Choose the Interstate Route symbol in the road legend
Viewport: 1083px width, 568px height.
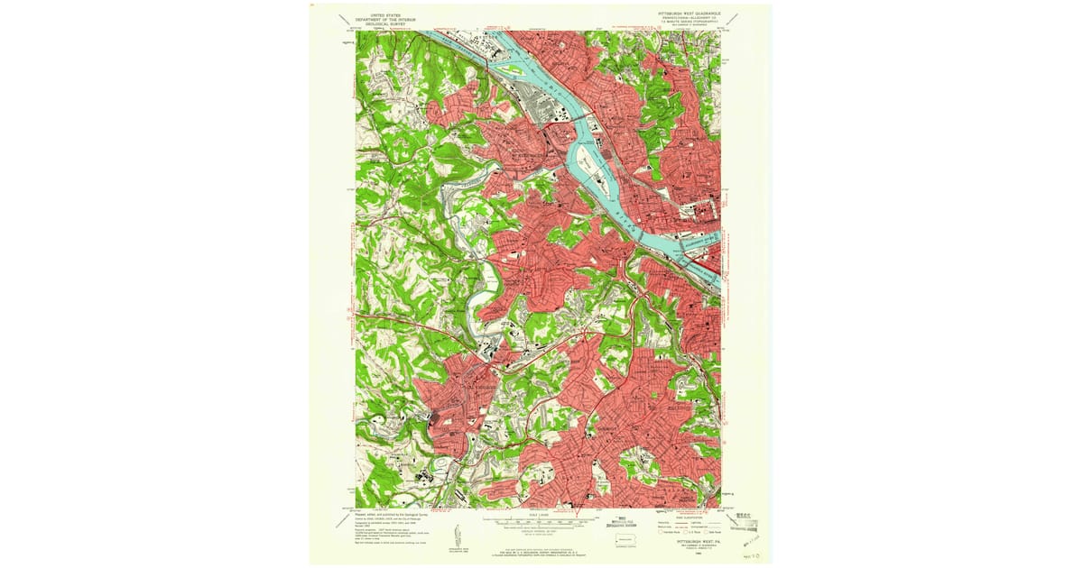[663, 531]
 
